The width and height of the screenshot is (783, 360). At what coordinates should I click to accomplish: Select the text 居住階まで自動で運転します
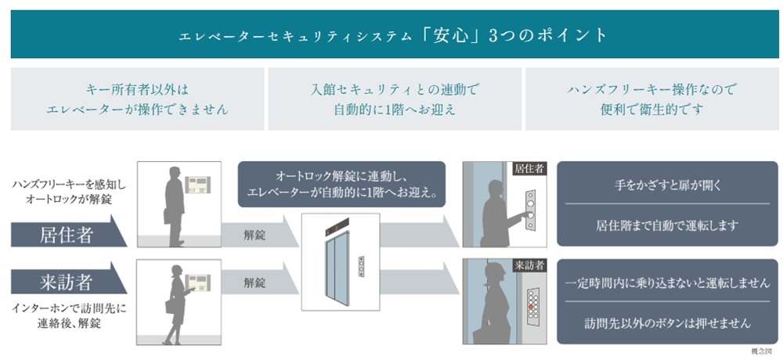662,225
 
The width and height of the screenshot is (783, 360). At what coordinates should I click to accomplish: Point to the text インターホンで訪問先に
70,308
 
